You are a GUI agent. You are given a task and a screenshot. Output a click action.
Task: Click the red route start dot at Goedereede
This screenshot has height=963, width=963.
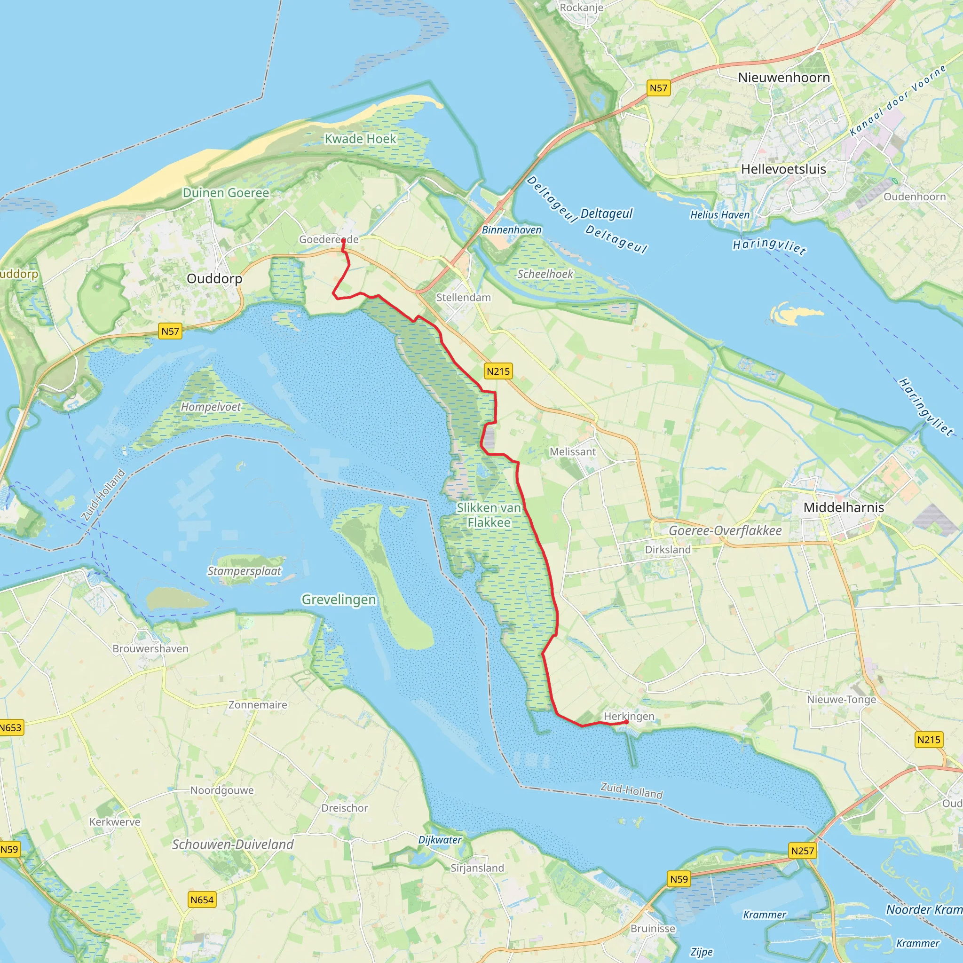[x=343, y=240]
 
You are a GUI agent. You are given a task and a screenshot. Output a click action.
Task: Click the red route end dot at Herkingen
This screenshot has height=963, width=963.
[x=626, y=721]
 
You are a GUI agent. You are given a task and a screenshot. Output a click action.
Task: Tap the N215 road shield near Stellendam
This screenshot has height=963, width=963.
[x=498, y=371]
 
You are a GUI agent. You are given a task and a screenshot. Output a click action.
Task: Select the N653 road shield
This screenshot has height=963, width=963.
[x=11, y=727]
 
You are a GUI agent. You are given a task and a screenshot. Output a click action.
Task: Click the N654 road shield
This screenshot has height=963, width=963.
[x=202, y=900]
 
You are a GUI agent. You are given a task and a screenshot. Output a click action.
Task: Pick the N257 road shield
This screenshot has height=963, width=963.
[x=803, y=850]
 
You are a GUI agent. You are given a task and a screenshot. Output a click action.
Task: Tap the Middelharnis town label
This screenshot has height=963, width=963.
[x=844, y=507]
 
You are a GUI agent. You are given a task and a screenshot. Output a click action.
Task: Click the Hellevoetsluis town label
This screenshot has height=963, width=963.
[x=783, y=169]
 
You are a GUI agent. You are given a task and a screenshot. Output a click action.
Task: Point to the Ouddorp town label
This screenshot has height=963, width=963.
[x=214, y=279]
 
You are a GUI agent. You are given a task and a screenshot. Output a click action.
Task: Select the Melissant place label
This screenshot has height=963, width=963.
[x=573, y=451]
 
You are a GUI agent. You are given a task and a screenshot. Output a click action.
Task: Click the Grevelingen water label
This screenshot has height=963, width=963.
[x=339, y=600]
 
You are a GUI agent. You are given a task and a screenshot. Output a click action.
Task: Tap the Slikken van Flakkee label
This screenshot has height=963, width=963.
[x=489, y=515]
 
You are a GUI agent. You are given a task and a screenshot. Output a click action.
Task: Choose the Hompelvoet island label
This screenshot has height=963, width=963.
[x=211, y=407]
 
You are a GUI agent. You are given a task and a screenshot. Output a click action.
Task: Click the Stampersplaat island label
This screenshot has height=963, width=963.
[x=244, y=571]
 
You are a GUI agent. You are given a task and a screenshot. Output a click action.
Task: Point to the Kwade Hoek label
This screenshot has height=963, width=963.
[x=360, y=139]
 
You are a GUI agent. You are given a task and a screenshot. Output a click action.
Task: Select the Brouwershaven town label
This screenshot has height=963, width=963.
[x=150, y=648]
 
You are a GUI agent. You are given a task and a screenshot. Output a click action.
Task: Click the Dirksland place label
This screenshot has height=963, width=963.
[x=668, y=549]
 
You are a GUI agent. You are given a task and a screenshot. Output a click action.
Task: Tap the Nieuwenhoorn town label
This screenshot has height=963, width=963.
[x=783, y=77]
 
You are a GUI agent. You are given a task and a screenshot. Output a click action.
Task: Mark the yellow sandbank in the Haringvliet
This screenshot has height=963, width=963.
[x=792, y=314]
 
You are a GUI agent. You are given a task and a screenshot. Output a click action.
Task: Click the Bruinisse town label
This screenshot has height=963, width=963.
[x=653, y=929]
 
